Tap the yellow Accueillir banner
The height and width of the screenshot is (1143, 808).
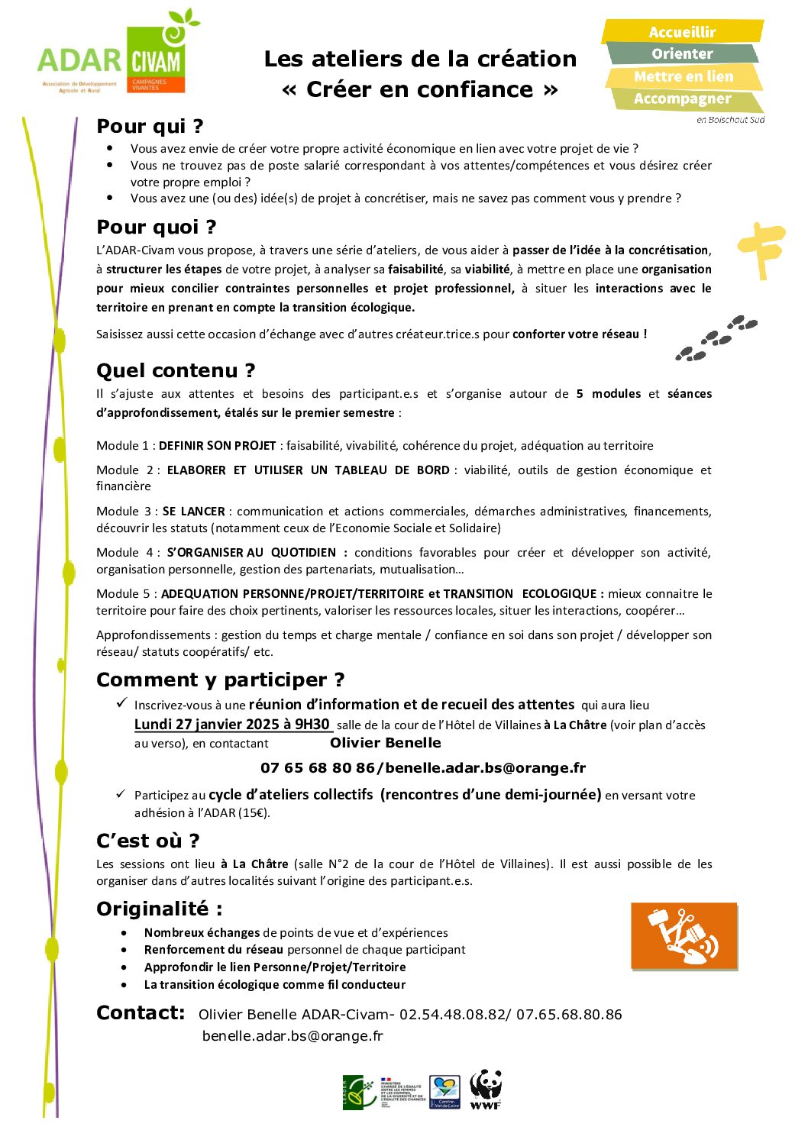682,32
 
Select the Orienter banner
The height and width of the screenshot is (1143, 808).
682,54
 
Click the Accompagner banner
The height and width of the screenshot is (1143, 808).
682,99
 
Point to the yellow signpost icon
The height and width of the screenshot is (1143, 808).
761,248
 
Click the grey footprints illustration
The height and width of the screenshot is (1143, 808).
716,337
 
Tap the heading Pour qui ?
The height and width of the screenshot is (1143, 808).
150,126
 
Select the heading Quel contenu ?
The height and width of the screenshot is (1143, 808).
176,371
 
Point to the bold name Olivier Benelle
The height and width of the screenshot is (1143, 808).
385,743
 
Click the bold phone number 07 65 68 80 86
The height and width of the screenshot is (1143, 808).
317,768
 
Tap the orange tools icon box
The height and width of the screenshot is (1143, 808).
684,936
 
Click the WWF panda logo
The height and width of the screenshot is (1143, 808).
486,1090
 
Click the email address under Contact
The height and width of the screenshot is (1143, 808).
292,1036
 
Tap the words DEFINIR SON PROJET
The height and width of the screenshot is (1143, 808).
217,446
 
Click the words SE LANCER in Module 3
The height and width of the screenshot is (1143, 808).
193,512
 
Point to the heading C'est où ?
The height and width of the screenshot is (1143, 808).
147,841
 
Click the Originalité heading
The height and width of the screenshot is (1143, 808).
159,909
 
